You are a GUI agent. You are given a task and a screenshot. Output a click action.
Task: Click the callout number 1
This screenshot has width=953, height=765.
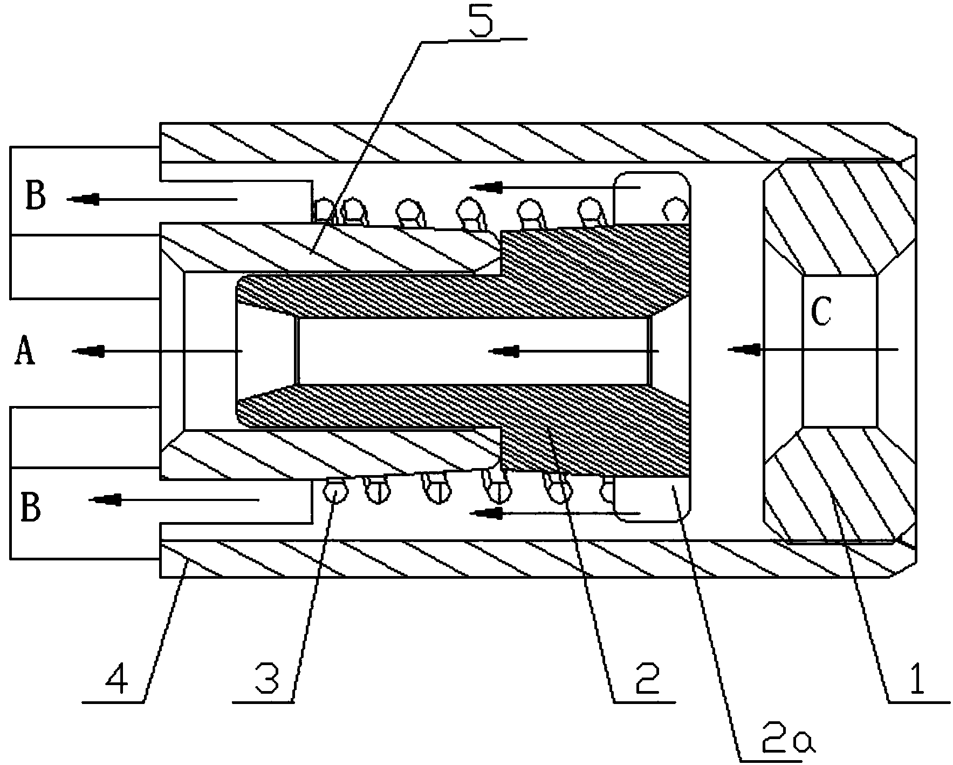(916, 678)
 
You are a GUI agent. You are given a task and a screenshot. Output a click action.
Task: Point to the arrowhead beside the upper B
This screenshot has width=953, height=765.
(81, 199)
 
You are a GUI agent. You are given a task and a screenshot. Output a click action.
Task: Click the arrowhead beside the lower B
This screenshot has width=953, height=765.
(102, 499)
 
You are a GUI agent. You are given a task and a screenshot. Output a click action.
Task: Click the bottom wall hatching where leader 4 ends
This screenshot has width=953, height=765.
(187, 561)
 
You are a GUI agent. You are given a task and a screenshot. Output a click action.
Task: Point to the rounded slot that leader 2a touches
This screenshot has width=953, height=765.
(652, 499)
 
